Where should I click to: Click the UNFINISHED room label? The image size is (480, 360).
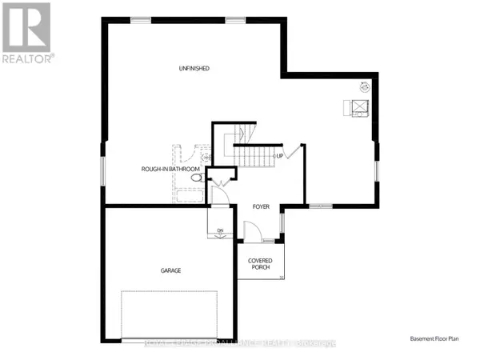tap(194, 69)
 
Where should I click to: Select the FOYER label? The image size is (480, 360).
tap(261, 206)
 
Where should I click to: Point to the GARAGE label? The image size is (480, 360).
tap(170, 270)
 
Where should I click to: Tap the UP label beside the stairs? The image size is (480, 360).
tap(280, 155)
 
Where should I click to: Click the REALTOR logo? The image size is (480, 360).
tap(29, 33)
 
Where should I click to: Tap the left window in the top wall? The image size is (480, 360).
tap(143, 18)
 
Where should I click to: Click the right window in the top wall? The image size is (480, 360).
tap(236, 18)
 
